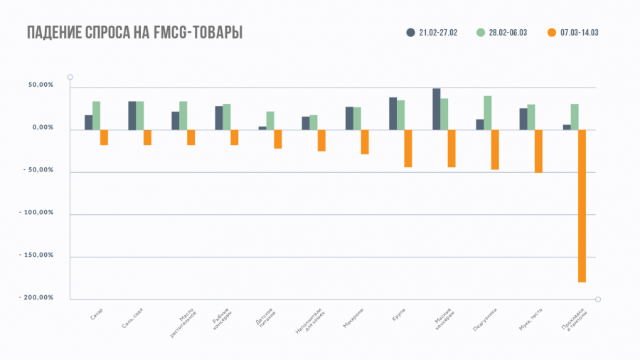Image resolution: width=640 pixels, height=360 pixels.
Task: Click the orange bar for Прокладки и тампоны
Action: pos(582,206)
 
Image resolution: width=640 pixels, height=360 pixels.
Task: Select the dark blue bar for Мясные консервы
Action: pos(437,109)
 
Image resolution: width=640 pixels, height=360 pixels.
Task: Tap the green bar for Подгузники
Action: pos(488,112)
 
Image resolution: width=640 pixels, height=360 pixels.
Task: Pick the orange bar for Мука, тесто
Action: pos(538,151)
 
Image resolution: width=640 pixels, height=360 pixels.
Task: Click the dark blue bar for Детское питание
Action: pos(262,128)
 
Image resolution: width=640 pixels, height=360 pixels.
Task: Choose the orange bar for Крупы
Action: pos(408,148)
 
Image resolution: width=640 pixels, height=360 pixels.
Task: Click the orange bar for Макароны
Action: pos(365,142)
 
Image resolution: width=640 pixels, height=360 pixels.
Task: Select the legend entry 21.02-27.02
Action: pos(433,33)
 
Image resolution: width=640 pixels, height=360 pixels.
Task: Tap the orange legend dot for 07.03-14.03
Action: pos(552,33)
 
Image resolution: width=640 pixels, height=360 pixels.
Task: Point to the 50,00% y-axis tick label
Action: pos(41,85)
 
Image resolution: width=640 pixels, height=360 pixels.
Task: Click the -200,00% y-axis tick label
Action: pos(37,297)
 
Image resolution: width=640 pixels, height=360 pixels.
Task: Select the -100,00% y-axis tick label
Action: pos(37,213)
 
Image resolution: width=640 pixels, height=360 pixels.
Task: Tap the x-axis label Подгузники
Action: pos(485,319)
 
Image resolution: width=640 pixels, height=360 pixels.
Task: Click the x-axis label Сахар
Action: pos(97,314)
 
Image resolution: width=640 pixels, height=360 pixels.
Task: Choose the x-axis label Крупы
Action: pos(398,313)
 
